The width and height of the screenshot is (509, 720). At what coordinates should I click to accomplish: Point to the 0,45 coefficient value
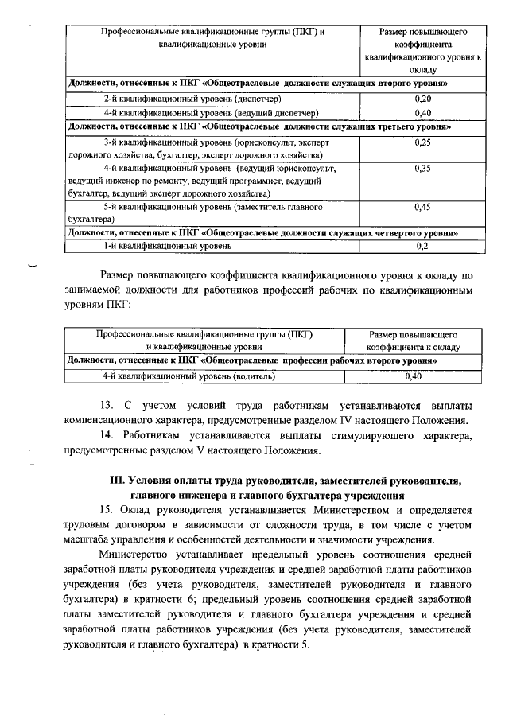[423, 207]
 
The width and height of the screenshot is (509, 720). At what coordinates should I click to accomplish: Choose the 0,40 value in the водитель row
[413, 376]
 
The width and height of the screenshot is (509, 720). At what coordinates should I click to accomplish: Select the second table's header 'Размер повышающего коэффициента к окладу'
[413, 340]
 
